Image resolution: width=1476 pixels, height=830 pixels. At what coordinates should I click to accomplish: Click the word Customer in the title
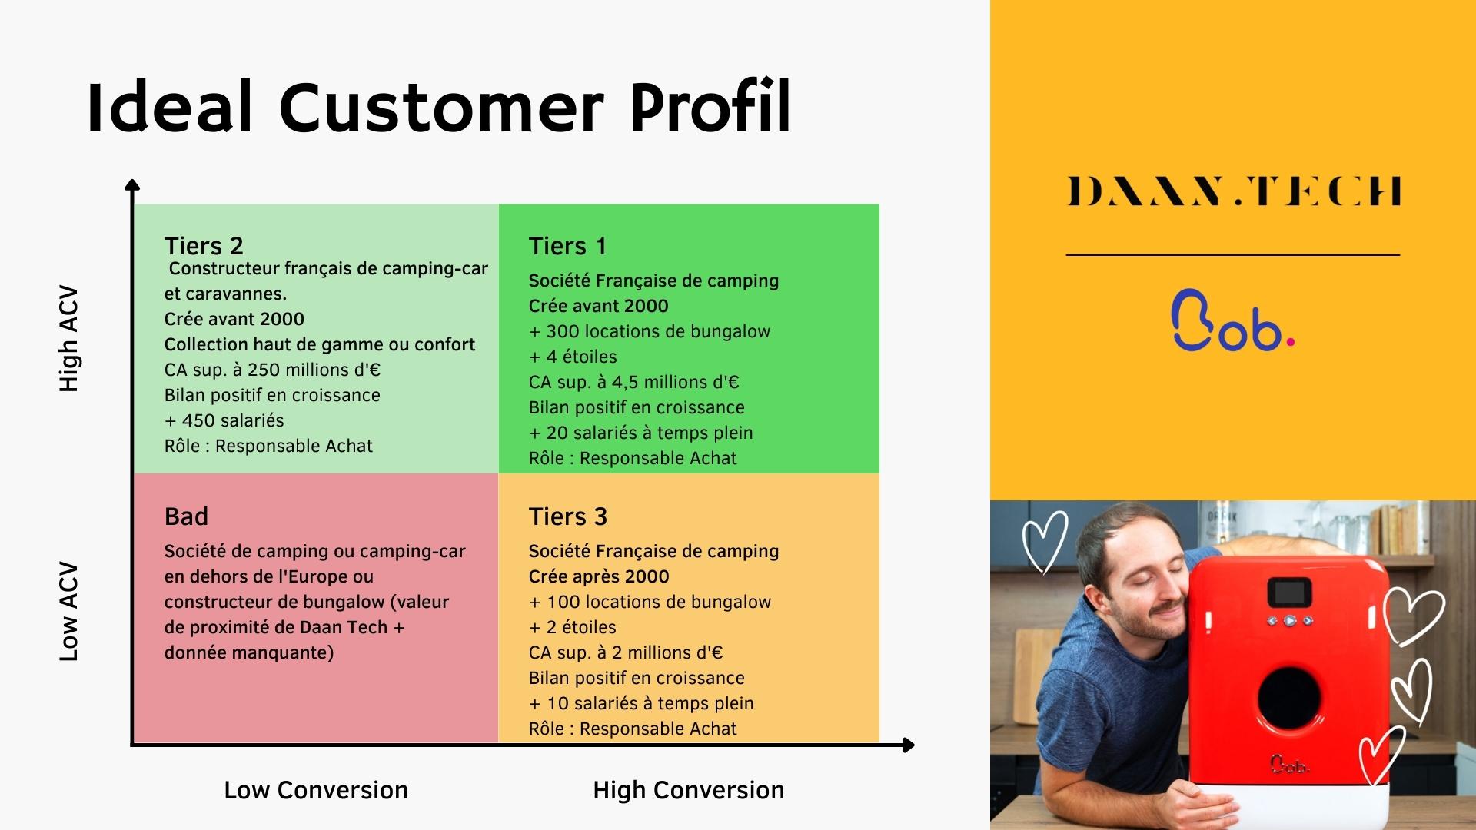click(441, 107)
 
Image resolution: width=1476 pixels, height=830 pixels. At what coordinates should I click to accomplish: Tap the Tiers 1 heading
click(567, 246)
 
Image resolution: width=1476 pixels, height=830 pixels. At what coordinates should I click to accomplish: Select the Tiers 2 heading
click(204, 246)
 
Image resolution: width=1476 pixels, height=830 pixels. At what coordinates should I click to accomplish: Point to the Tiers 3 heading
click(567, 516)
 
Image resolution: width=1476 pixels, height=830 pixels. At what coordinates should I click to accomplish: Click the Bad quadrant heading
click(186, 516)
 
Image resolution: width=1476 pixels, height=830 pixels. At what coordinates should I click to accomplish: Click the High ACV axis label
click(69, 339)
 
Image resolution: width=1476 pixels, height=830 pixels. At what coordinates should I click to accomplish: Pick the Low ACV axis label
click(69, 612)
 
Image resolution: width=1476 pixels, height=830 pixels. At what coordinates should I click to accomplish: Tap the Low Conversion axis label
click(316, 790)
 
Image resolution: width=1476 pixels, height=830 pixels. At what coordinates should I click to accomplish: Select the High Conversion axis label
click(689, 790)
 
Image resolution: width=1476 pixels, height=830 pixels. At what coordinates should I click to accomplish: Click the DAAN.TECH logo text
click(1234, 191)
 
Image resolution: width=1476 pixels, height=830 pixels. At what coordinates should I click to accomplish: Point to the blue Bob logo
click(1232, 320)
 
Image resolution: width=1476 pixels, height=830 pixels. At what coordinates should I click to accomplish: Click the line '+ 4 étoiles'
click(573, 357)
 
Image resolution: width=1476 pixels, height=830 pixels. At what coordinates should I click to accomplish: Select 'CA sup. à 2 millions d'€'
click(626, 652)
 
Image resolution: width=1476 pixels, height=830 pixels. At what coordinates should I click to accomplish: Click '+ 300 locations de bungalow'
click(650, 331)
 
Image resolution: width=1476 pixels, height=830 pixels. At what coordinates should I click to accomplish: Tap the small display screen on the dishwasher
click(1290, 592)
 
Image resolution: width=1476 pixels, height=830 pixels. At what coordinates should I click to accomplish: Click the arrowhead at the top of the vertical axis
click(132, 184)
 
